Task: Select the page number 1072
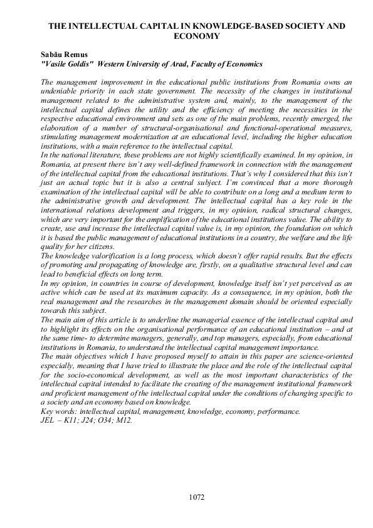(196, 497)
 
